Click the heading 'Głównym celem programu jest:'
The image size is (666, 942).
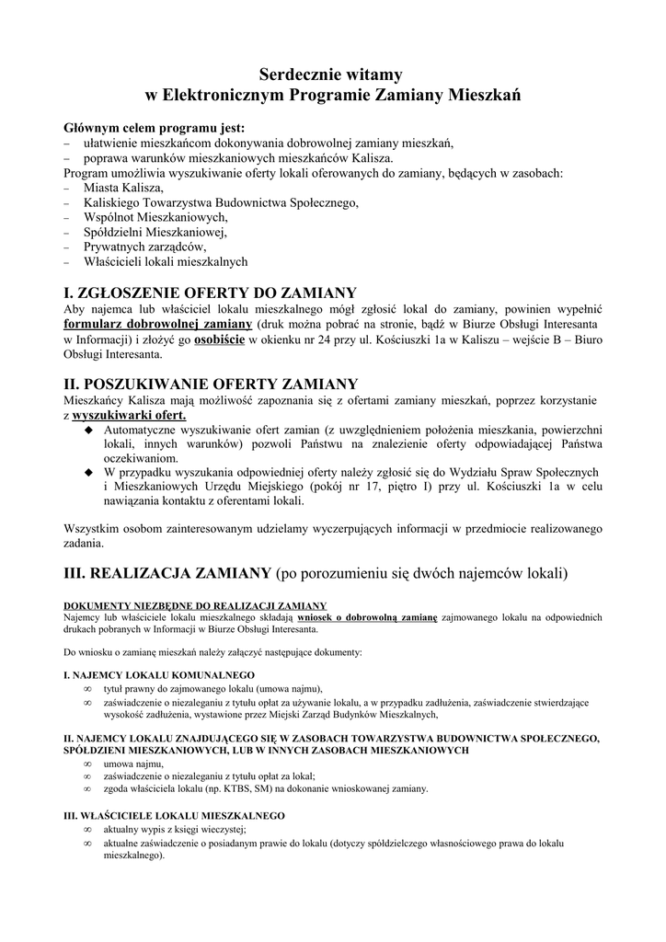tap(154, 128)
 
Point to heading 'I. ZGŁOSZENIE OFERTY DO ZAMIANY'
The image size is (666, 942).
tap(210, 292)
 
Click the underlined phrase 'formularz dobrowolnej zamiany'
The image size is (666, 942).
tap(157, 325)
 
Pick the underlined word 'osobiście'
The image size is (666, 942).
tap(219, 339)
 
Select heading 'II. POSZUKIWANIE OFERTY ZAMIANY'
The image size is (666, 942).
tap(211, 382)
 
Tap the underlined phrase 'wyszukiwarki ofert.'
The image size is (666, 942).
tap(129, 415)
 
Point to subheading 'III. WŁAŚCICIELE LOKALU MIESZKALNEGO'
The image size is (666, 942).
tap(174, 815)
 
